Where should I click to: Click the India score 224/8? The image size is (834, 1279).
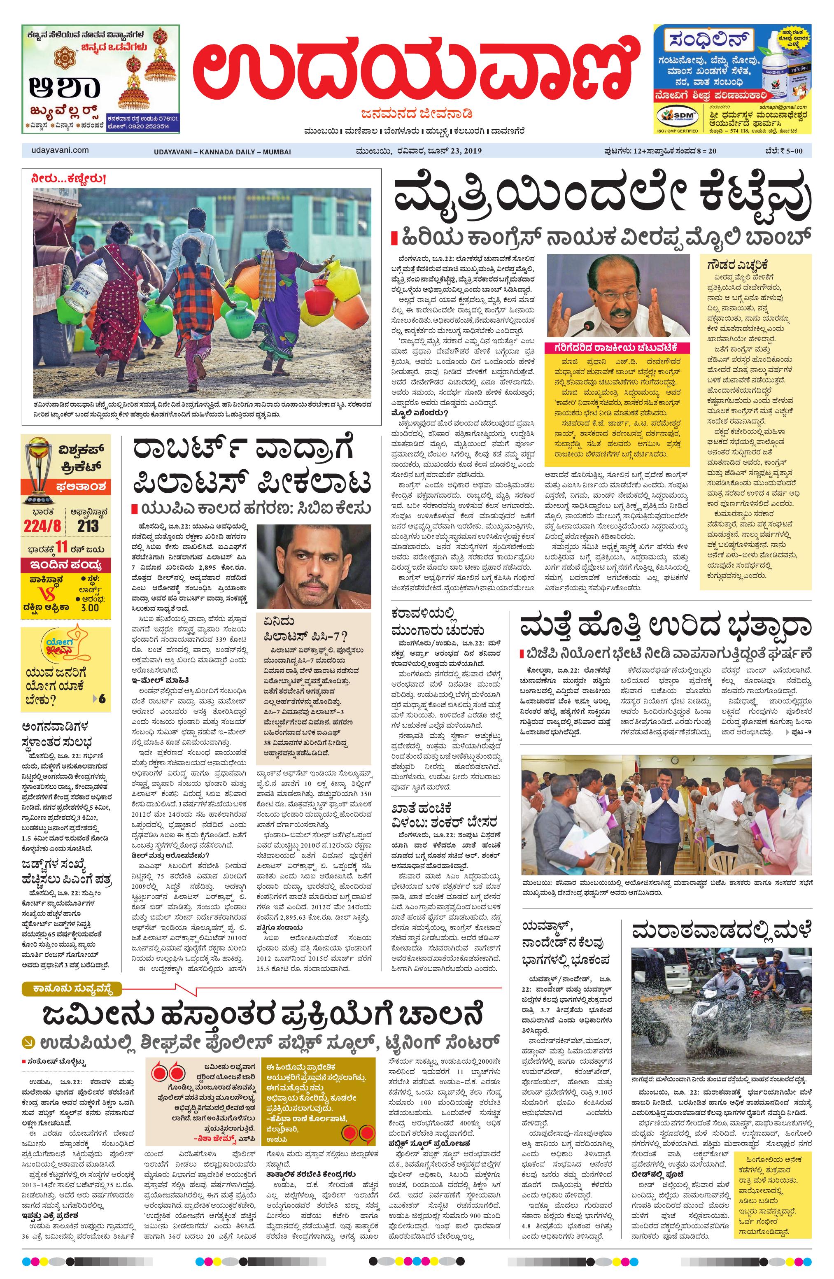point(42,525)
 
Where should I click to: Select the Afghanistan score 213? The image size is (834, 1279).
point(88,525)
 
